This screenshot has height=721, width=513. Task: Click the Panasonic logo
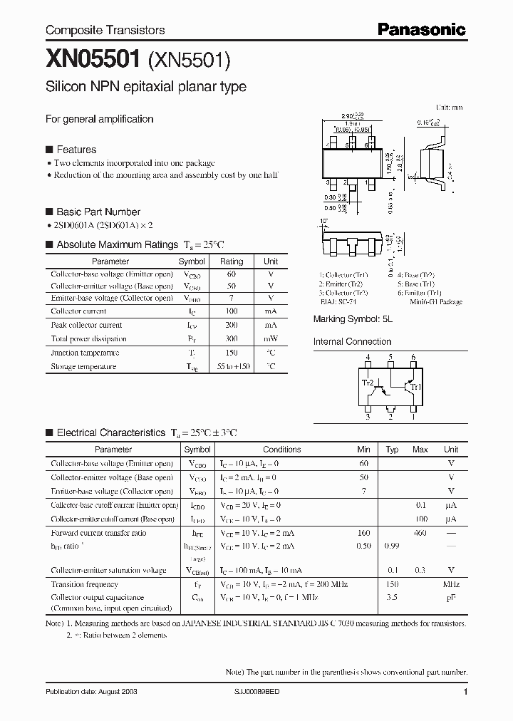click(x=421, y=29)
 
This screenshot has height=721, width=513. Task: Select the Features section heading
click(x=76, y=150)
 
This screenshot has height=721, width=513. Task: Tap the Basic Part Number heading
click(x=98, y=212)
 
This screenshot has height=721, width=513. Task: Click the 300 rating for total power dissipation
click(x=232, y=338)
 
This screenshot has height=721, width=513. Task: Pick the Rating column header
click(x=232, y=261)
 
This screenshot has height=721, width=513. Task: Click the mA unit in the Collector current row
click(x=271, y=311)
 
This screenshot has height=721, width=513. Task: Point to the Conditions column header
click(x=281, y=450)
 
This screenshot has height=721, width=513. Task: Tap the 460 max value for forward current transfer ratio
click(x=420, y=533)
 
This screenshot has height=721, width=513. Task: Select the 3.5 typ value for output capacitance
click(x=392, y=598)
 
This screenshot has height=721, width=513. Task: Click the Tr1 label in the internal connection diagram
click(x=418, y=387)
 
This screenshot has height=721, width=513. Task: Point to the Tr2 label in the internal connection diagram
click(x=368, y=383)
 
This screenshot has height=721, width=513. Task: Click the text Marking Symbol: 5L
click(x=353, y=320)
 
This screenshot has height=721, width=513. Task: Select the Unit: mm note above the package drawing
click(x=449, y=107)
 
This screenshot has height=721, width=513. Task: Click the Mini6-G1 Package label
click(x=437, y=302)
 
